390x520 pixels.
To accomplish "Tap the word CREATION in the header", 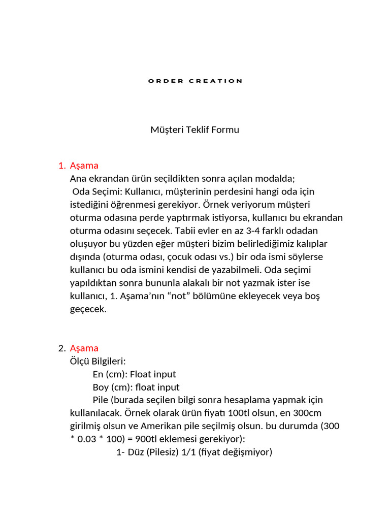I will [x=216, y=81].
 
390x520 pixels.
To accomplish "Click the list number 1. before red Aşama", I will [x=62, y=166].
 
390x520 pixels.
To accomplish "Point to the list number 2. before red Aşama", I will [x=62, y=348].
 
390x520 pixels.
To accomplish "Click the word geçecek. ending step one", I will [x=88, y=309].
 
